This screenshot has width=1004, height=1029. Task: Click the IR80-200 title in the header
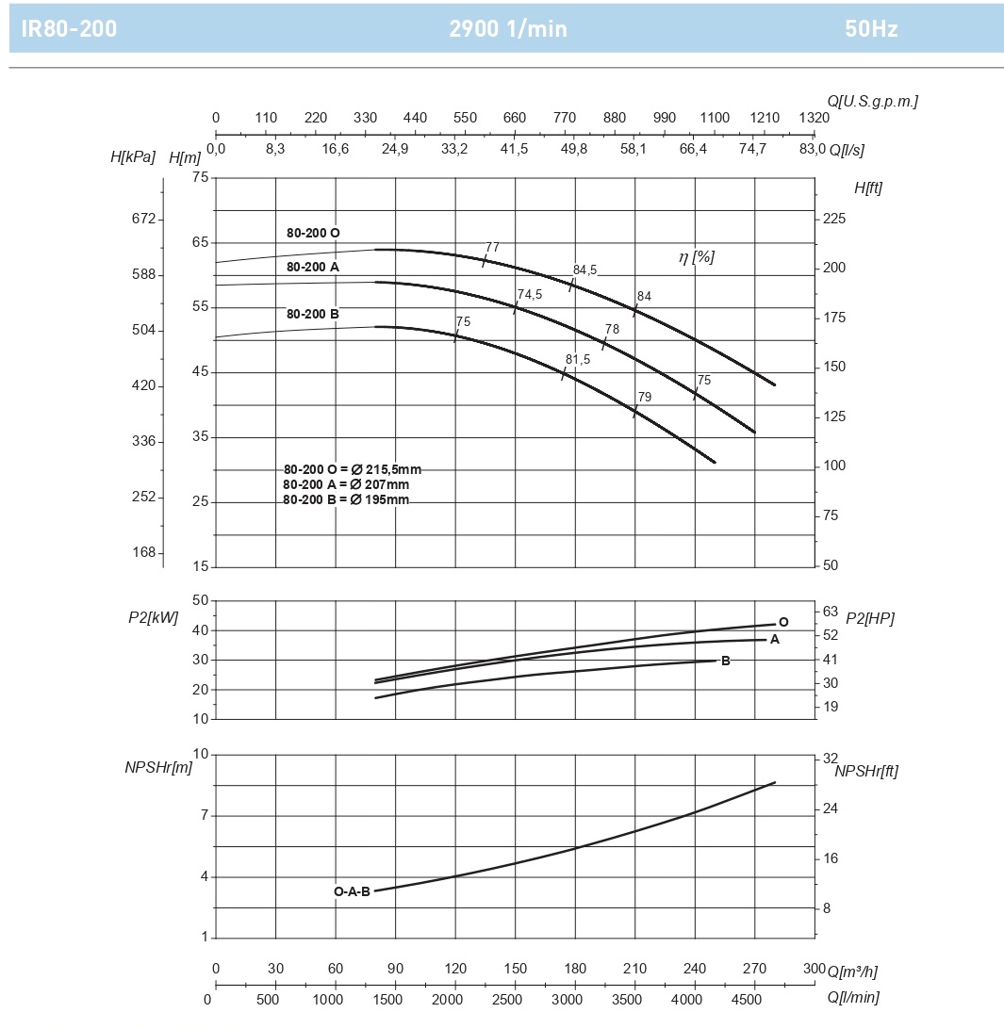click(x=69, y=28)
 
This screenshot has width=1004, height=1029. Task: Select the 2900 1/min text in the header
click(x=508, y=28)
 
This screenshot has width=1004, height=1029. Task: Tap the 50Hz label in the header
click(x=871, y=28)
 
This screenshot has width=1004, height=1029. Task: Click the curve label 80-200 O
click(x=313, y=233)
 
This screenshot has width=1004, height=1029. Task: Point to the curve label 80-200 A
click(x=313, y=267)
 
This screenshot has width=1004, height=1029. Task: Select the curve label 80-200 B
click(x=313, y=314)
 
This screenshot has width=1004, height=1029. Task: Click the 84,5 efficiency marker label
click(x=584, y=270)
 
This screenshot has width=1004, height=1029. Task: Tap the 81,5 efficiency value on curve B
click(x=578, y=360)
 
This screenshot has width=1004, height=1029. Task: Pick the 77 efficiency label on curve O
click(x=492, y=248)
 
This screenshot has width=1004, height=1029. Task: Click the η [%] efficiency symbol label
click(x=697, y=256)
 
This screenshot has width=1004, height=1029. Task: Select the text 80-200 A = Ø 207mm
click(x=346, y=484)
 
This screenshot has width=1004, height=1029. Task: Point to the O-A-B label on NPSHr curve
click(x=352, y=891)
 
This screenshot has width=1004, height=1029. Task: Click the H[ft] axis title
click(x=868, y=188)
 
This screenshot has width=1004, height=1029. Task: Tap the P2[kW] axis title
click(x=153, y=618)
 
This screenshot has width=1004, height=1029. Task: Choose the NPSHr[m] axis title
click(x=158, y=767)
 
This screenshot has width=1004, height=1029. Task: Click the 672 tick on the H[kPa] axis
click(x=143, y=219)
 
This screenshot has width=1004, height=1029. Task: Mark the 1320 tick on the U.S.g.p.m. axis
click(x=814, y=118)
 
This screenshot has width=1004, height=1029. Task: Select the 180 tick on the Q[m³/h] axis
click(x=575, y=970)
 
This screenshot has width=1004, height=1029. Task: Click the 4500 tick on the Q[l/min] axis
click(x=747, y=999)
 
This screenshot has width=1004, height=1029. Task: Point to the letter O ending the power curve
click(x=783, y=622)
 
